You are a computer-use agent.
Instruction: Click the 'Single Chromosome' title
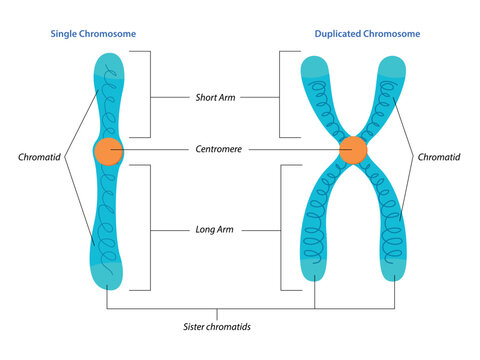click(x=93, y=34)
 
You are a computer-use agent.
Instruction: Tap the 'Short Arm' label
click(x=217, y=97)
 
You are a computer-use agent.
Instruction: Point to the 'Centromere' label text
click(x=217, y=150)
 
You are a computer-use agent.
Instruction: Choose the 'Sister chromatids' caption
click(x=217, y=325)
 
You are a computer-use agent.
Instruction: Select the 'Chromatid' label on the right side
click(x=441, y=157)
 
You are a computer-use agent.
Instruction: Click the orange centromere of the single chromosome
click(x=108, y=152)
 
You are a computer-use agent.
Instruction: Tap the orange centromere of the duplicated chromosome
click(x=352, y=151)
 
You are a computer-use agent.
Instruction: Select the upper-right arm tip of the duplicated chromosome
click(x=393, y=65)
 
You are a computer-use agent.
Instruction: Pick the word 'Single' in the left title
click(x=66, y=34)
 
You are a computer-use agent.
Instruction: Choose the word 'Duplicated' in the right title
click(x=338, y=34)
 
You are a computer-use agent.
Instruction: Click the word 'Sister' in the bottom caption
click(x=196, y=325)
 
